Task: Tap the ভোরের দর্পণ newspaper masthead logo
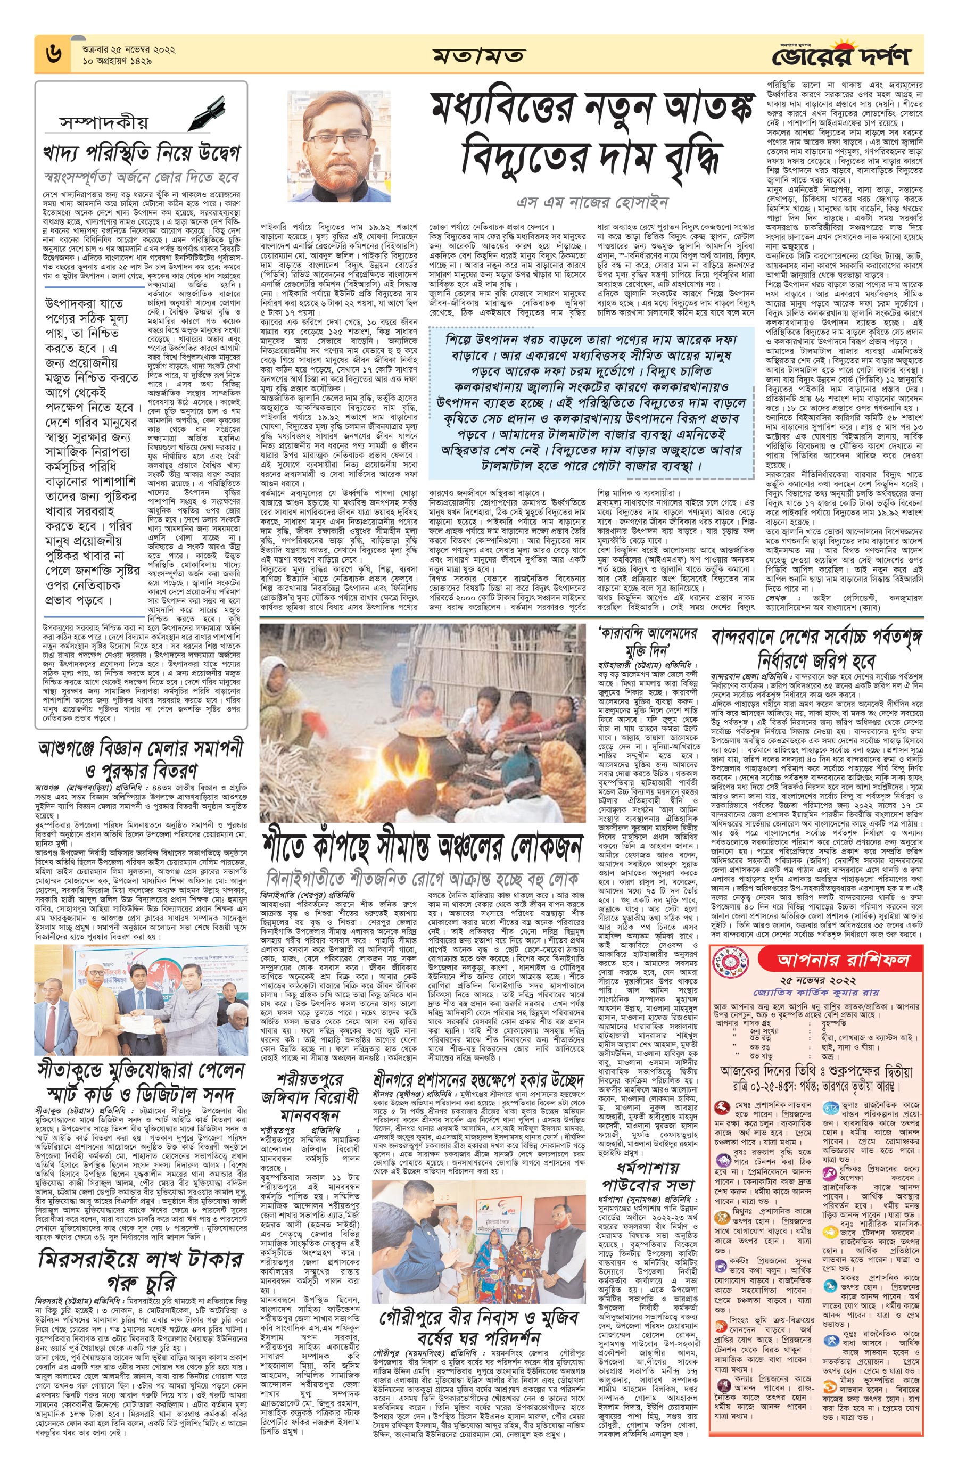tap(854, 56)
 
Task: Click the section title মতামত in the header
tap(478, 56)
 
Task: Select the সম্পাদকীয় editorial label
tap(104, 121)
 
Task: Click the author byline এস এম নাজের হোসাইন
tap(593, 202)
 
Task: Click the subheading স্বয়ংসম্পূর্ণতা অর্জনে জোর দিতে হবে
tap(142, 177)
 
